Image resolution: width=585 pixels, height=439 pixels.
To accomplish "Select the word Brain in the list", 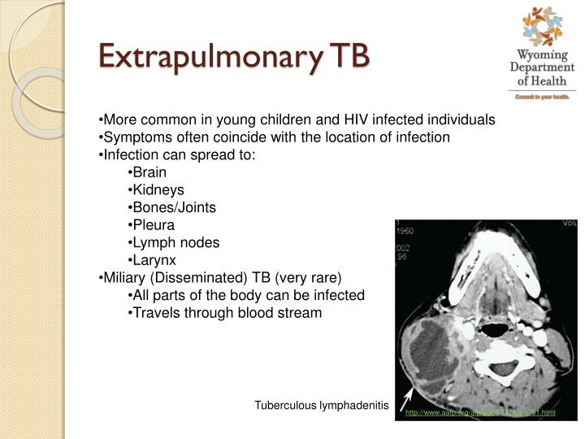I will (x=149, y=172).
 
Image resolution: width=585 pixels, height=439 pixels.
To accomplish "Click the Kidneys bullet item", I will (x=158, y=189).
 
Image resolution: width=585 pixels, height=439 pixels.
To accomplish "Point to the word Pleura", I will (x=154, y=224).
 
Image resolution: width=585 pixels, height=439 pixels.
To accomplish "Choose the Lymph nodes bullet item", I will (x=176, y=242).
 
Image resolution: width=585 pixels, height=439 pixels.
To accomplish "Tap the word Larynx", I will (x=154, y=260).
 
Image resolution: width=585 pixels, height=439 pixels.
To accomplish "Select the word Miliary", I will (x=123, y=277).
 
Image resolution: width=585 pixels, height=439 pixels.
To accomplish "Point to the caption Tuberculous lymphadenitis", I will (x=322, y=405).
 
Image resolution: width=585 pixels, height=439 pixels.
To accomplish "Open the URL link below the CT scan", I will (x=481, y=413).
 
